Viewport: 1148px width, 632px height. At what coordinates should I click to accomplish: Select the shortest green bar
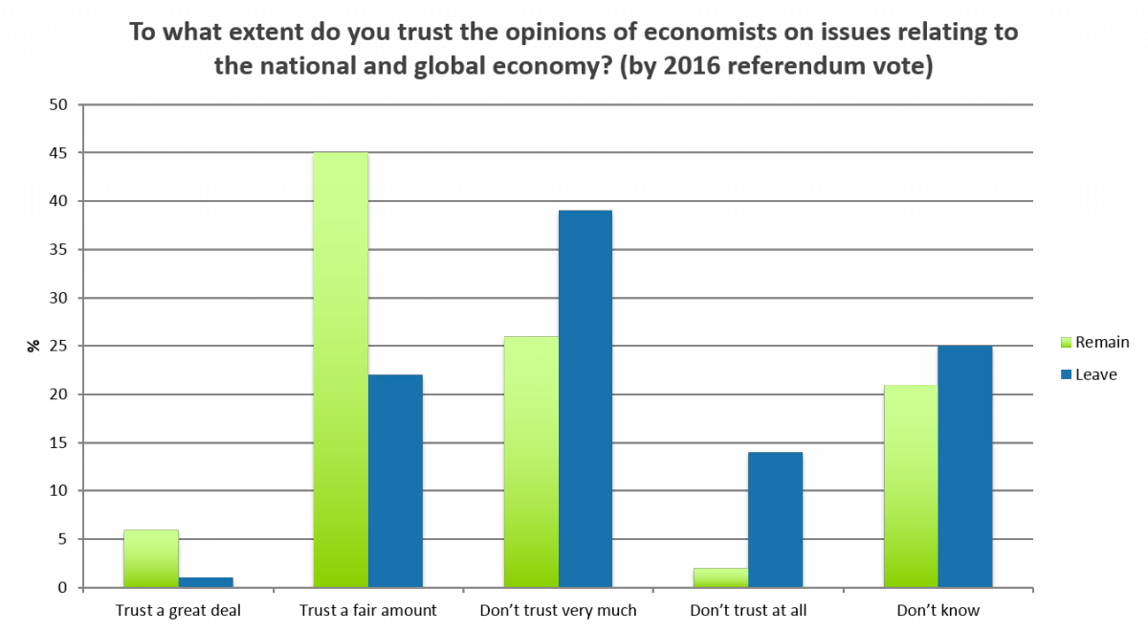[720, 577]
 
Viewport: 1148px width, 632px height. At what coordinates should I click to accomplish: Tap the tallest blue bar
[585, 398]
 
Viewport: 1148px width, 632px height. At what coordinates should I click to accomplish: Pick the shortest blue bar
[206, 582]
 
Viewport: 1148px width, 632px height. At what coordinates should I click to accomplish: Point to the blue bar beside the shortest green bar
[775, 519]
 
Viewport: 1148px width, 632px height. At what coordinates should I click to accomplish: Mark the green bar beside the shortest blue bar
[151, 558]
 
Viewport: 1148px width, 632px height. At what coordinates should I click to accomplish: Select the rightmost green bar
[911, 485]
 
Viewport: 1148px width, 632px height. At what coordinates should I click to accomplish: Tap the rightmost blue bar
[965, 466]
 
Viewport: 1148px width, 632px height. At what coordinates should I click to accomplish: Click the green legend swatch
[1067, 342]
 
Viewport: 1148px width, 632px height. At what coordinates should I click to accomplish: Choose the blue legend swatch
[1067, 374]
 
